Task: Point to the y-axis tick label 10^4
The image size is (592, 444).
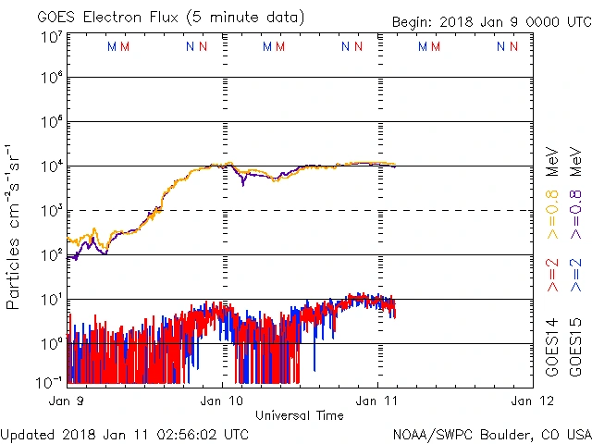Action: pos(50,166)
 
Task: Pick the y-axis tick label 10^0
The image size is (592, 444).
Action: pos(50,343)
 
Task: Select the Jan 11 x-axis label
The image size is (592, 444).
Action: pos(377,401)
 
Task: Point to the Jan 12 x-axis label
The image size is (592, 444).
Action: pos(531,401)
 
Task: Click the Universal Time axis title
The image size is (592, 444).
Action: pos(300,415)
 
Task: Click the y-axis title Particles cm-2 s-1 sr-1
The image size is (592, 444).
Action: pos(15,227)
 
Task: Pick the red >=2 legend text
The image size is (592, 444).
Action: pos(552,276)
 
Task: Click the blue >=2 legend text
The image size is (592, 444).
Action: pos(575,276)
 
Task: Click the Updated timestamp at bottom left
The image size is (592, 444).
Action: pos(125,433)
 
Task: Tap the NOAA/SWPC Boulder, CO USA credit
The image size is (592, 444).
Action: pos(490,433)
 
